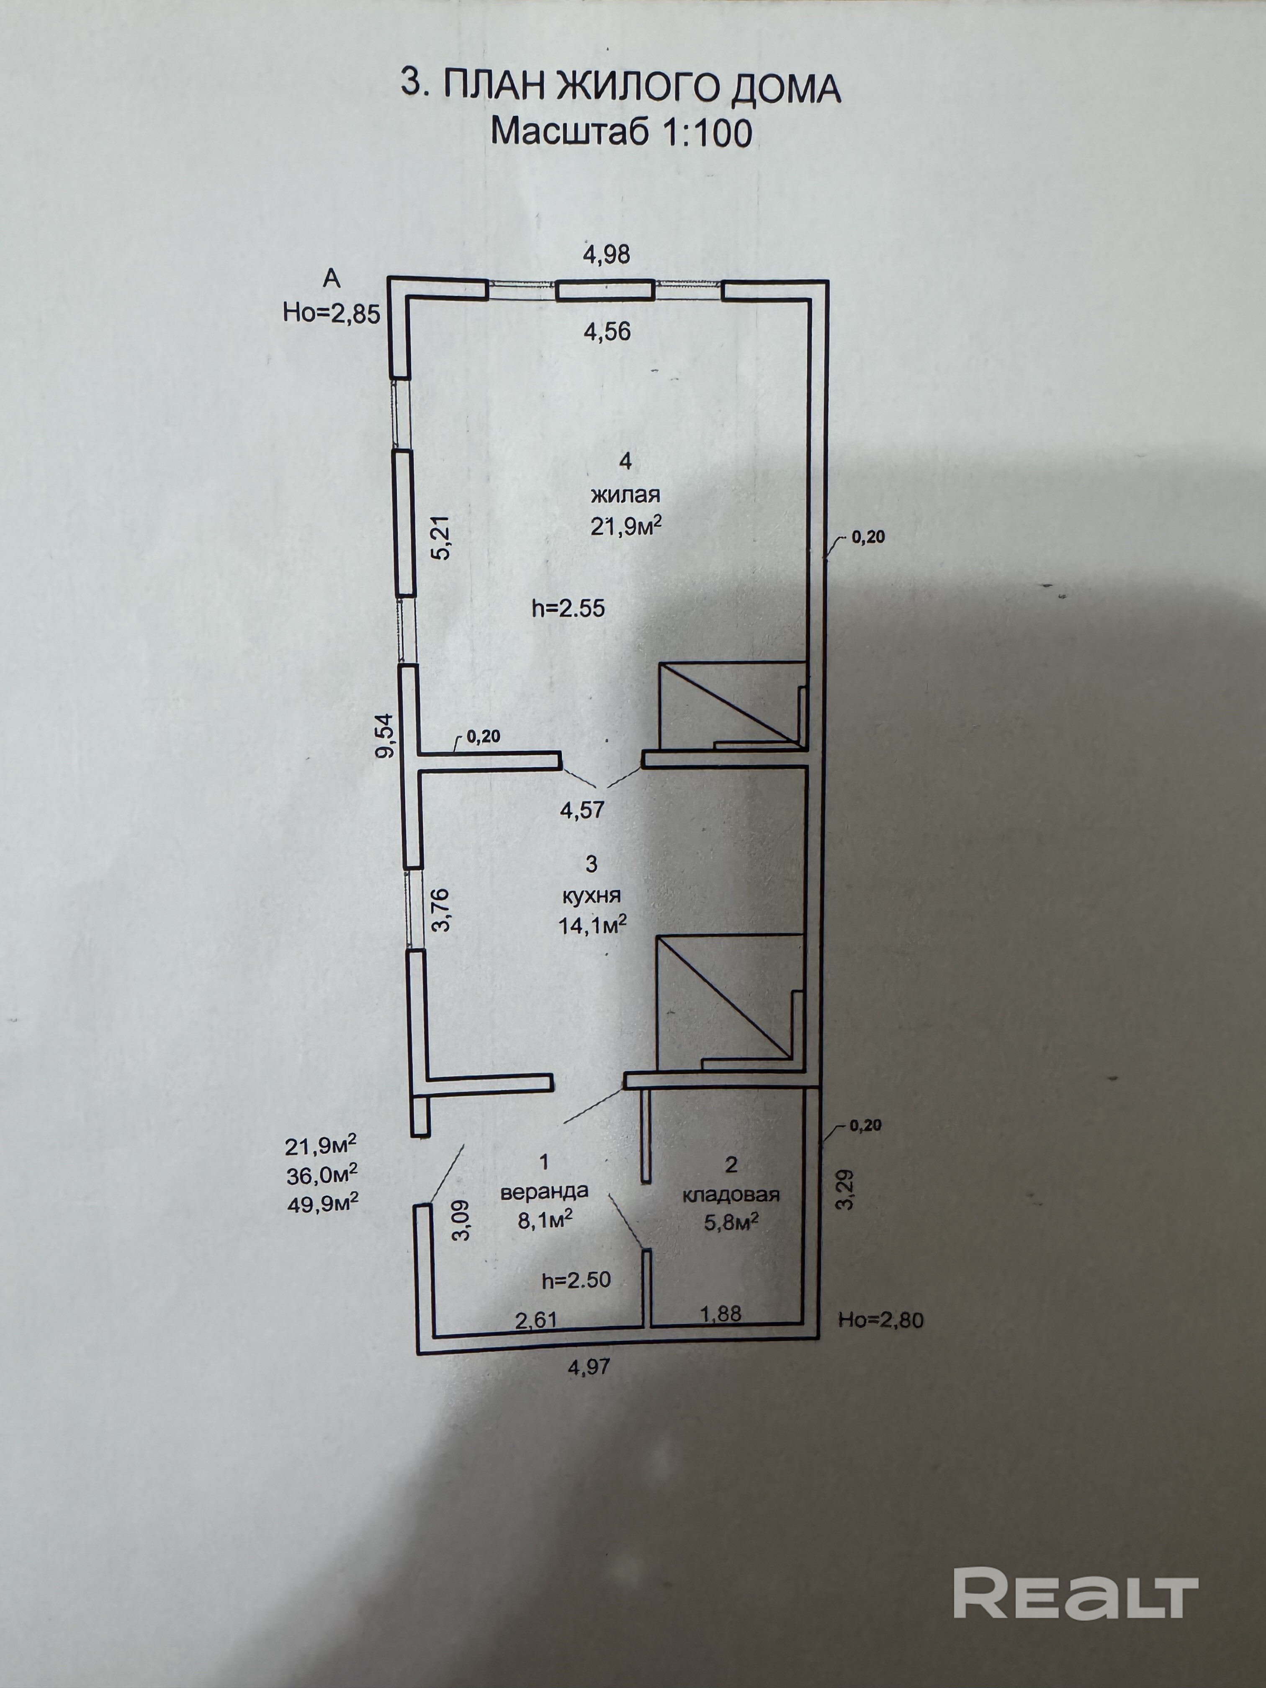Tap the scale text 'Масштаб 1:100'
(620, 132)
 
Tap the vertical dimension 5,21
(442, 538)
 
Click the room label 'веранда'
(544, 1191)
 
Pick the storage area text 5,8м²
(730, 1223)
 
